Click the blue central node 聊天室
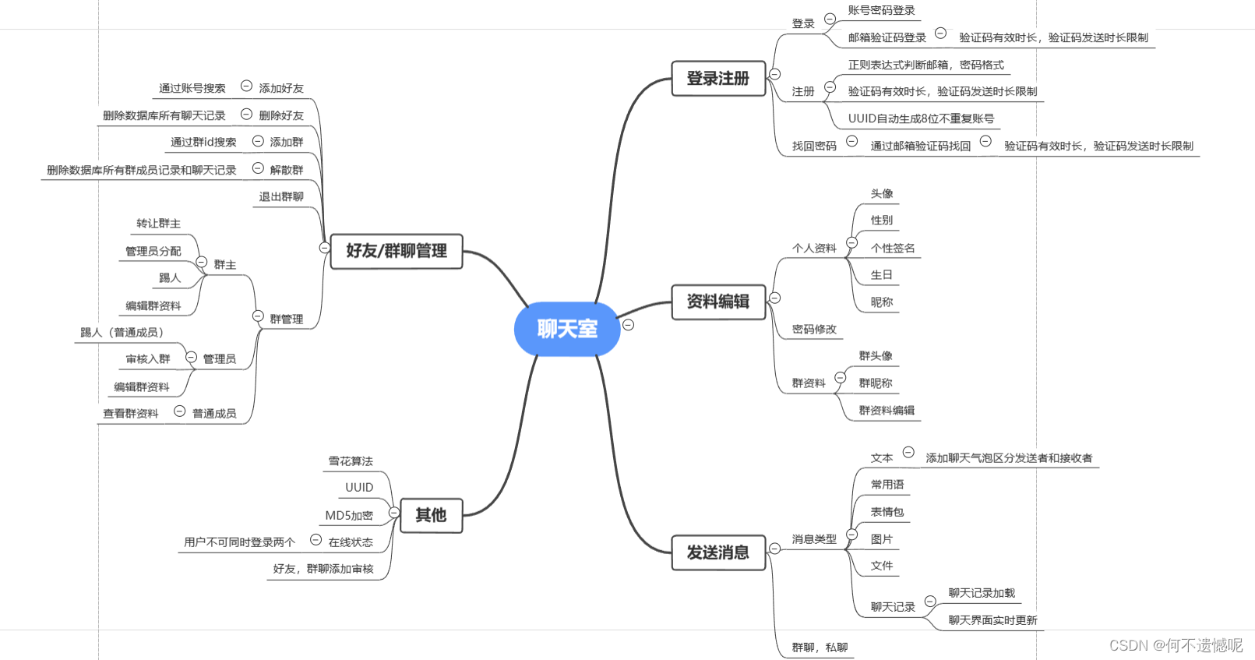(x=567, y=329)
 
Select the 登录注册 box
(x=718, y=79)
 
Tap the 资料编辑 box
(x=718, y=302)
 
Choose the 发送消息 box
(x=718, y=552)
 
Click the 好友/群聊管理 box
(x=397, y=251)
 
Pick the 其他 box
(x=431, y=515)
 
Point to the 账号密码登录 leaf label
(x=881, y=10)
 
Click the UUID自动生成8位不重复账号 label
(x=921, y=118)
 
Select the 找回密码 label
(x=814, y=146)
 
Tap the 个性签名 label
(x=893, y=248)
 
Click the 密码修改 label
(x=814, y=329)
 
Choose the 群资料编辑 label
(x=887, y=410)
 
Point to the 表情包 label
(x=887, y=512)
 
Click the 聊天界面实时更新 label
(x=992, y=620)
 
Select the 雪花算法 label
(x=351, y=461)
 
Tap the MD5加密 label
(x=349, y=515)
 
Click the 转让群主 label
(x=158, y=224)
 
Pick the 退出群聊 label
(x=281, y=196)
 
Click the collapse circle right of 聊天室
(x=628, y=325)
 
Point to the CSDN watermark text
(x=1176, y=645)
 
